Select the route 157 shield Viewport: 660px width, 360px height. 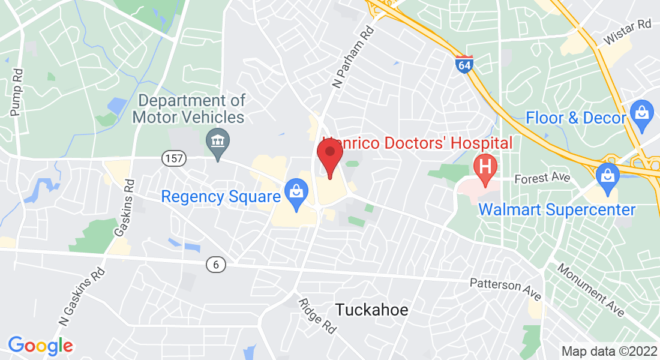(174, 158)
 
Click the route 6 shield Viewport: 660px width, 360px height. (215, 263)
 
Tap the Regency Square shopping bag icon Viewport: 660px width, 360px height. (295, 193)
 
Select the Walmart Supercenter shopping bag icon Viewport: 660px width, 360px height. (607, 176)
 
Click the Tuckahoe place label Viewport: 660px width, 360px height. (371, 310)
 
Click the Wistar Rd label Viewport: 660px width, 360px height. (628, 32)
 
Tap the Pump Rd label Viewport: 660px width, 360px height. (17, 91)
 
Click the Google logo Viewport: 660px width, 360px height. (40, 346)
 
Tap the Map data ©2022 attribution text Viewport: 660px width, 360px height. (609, 351)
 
